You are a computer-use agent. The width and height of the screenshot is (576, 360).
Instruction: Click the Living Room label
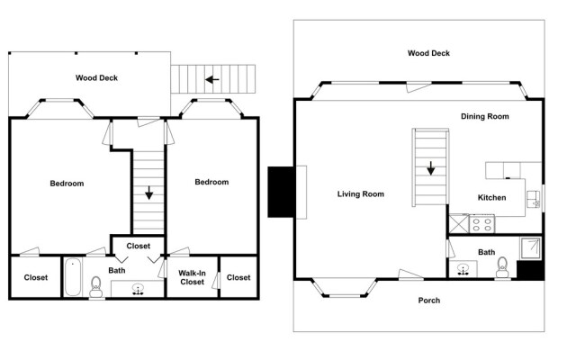(361, 193)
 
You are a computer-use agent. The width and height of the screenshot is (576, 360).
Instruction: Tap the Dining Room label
(485, 116)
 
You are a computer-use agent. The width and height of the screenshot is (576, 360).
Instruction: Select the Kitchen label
(490, 198)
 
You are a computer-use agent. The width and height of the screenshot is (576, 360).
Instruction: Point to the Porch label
(429, 300)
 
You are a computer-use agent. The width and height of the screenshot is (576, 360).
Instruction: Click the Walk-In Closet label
(193, 277)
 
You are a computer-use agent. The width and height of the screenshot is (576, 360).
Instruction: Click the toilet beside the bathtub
(96, 285)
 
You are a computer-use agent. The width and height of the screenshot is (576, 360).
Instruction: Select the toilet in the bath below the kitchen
(503, 267)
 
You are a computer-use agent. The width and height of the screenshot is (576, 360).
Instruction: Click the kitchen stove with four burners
(482, 221)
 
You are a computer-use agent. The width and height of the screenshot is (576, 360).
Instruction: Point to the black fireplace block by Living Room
(283, 192)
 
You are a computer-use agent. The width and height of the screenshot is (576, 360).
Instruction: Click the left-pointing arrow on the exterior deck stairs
(212, 79)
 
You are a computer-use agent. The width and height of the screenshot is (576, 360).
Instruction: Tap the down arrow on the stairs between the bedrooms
(148, 192)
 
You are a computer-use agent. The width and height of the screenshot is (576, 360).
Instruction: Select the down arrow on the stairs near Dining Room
(431, 167)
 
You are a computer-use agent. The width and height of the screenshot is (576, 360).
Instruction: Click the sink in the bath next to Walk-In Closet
(139, 289)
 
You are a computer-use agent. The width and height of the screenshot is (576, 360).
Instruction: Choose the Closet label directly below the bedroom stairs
(139, 245)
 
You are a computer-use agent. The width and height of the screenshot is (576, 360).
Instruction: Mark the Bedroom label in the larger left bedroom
(67, 183)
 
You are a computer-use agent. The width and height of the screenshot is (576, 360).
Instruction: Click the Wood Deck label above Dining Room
(428, 53)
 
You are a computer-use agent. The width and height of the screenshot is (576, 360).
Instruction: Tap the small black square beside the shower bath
(530, 269)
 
